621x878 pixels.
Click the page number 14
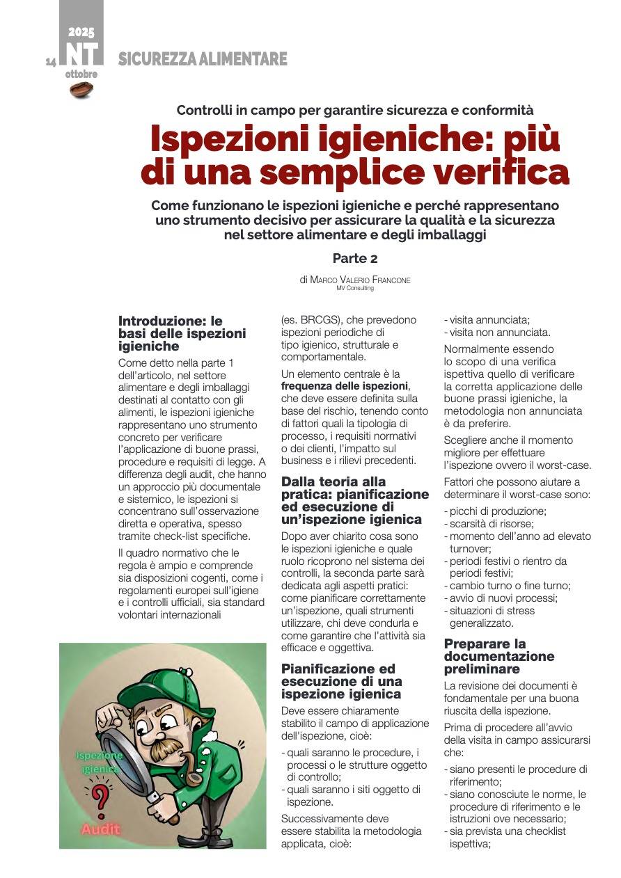coord(51,62)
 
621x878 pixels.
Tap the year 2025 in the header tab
coord(81,32)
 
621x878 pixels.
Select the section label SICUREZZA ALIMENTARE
coord(203,60)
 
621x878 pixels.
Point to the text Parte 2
coord(354,258)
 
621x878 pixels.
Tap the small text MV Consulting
coord(354,288)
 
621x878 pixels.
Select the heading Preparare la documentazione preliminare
coord(499,656)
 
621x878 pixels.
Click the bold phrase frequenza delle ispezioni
coord(345,386)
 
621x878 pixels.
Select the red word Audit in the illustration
coord(101,829)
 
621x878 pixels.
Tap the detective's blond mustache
coord(164,747)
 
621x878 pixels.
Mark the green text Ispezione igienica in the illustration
coord(99,762)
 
